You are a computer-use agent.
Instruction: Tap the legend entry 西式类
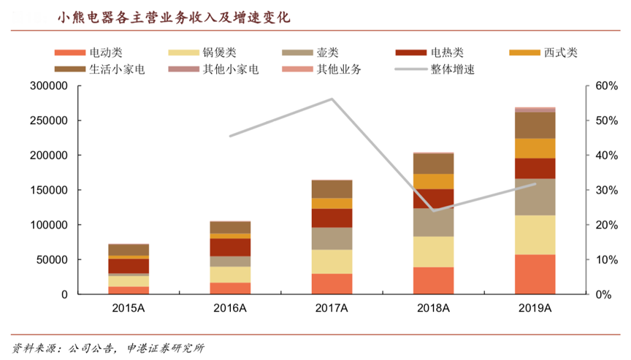560,53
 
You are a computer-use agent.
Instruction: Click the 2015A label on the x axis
129,308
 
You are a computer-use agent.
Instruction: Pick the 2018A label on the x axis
434,308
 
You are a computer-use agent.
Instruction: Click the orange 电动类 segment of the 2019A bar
535,274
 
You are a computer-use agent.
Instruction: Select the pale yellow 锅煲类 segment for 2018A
434,252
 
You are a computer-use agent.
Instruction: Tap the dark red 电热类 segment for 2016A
230,247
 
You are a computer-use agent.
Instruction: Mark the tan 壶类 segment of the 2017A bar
332,239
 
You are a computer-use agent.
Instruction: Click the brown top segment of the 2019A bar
535,125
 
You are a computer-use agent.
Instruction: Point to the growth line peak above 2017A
332,99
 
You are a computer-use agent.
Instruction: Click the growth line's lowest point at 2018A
434,210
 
